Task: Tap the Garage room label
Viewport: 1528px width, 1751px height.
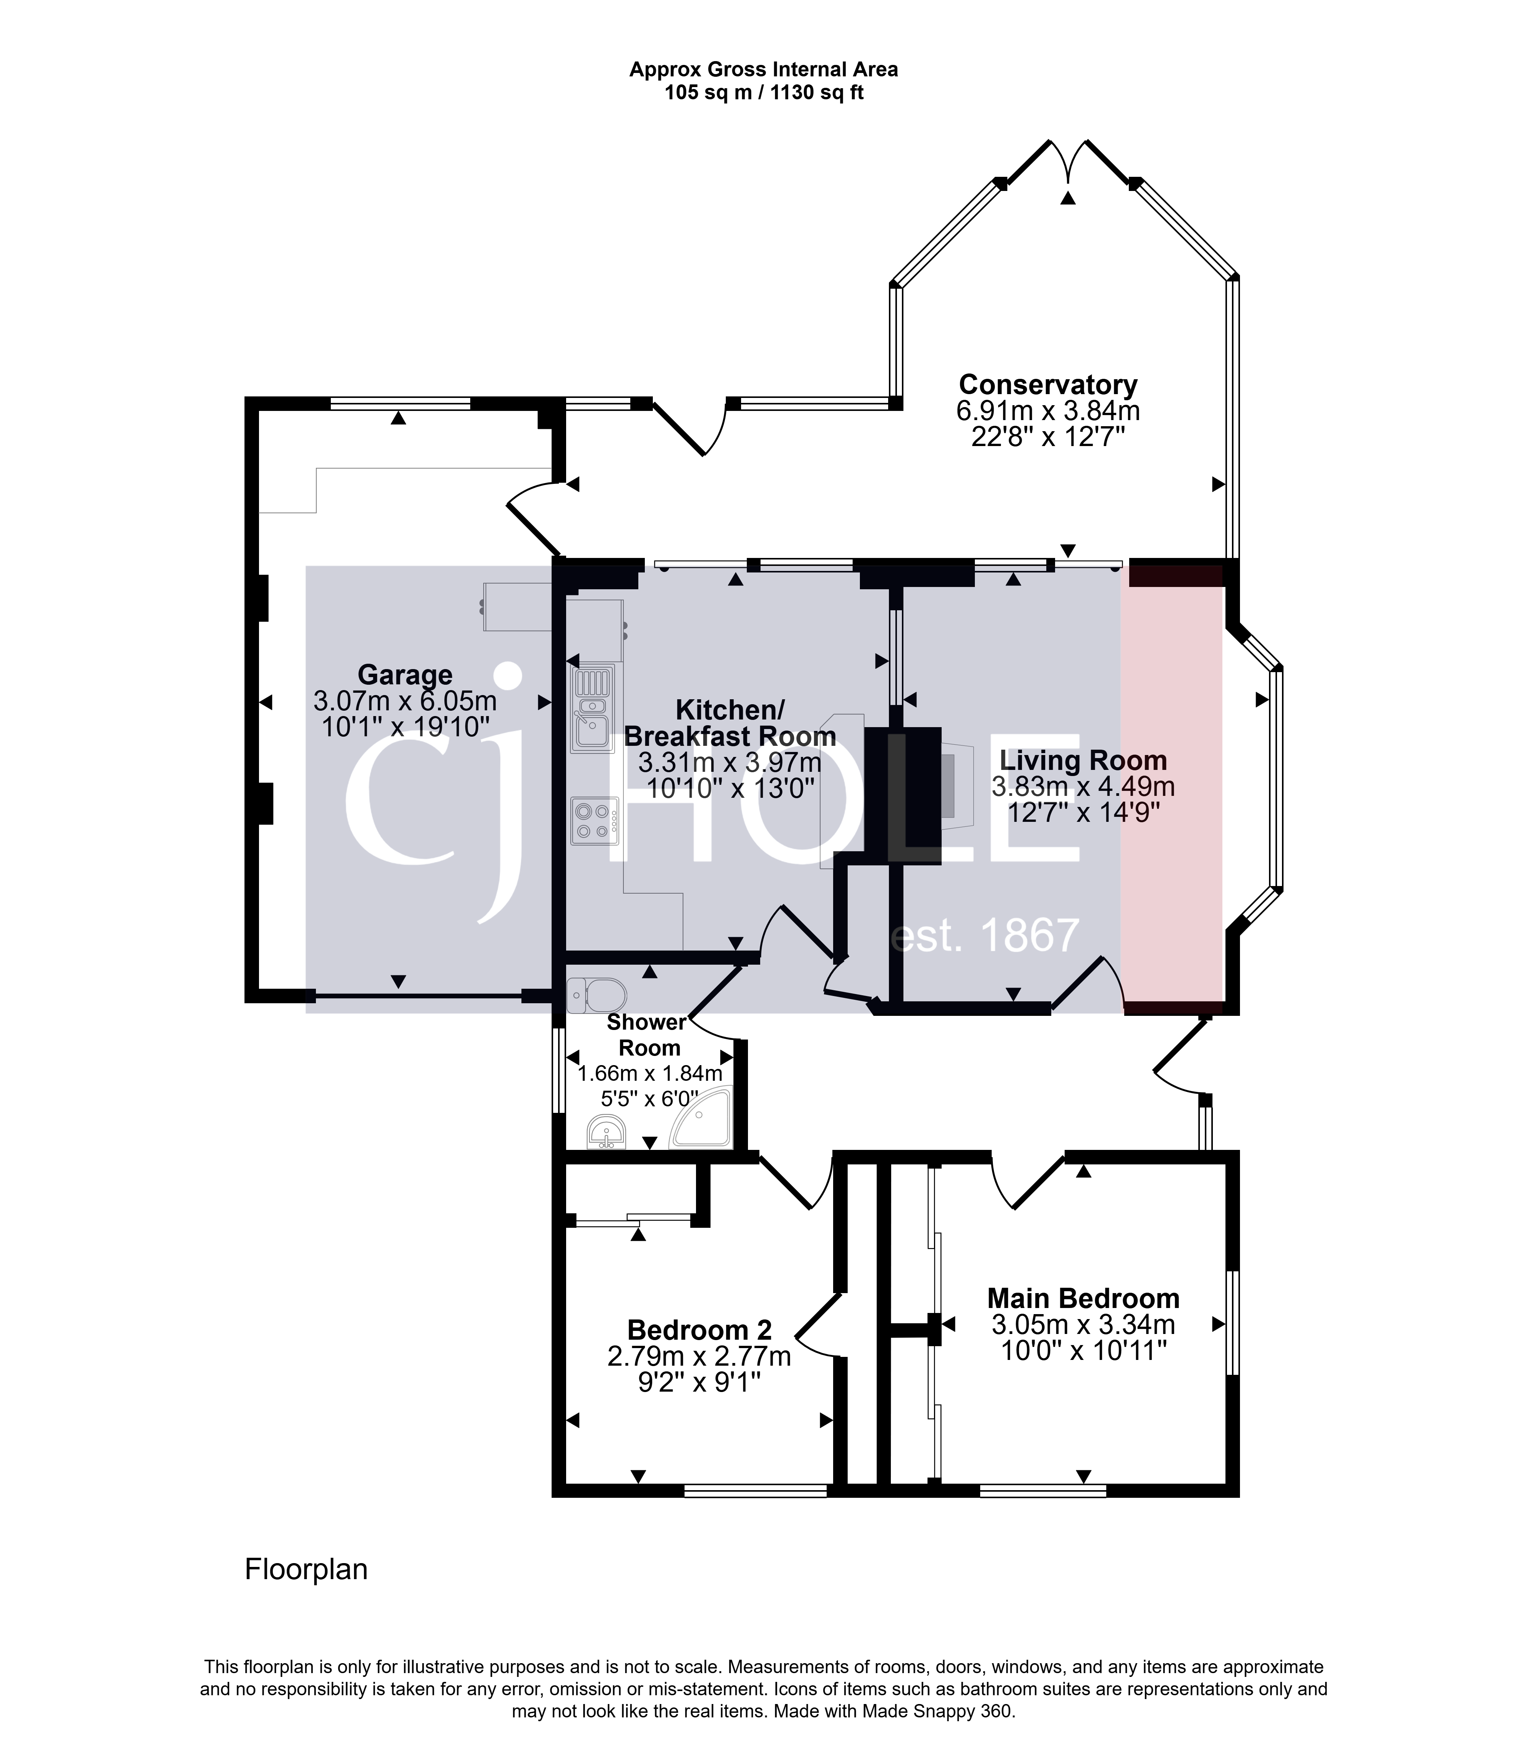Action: tap(405, 674)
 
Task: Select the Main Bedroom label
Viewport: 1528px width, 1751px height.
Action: tap(1083, 1298)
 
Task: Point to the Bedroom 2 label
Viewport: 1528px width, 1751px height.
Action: tap(699, 1330)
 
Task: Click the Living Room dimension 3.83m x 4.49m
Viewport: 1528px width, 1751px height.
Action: tap(1083, 786)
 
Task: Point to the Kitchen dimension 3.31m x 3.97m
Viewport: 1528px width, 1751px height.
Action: tap(730, 761)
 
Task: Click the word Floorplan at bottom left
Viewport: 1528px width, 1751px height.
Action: tap(306, 1570)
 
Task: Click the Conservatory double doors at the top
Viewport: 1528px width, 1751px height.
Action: tap(1068, 162)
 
